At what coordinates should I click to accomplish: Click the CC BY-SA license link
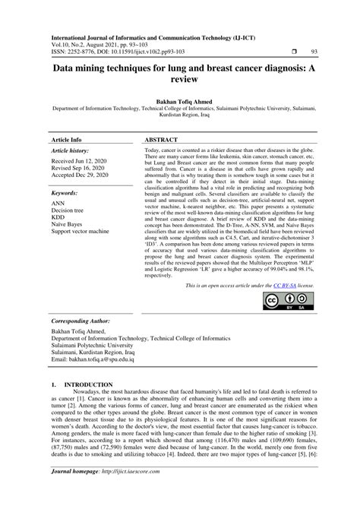point(263,286)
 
